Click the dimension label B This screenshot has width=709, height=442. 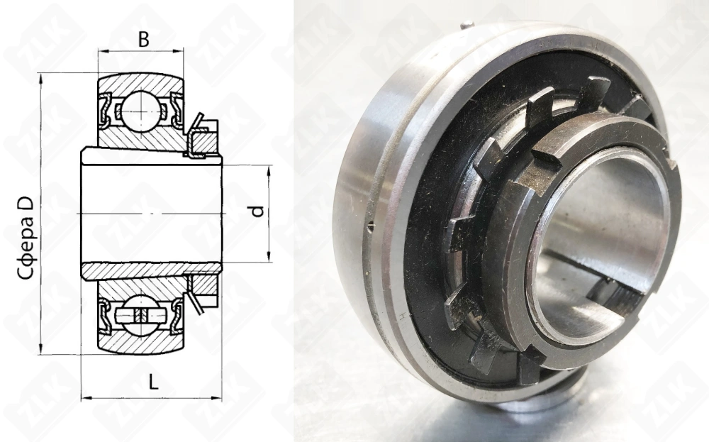click(x=143, y=40)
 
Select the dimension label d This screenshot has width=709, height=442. click(x=257, y=211)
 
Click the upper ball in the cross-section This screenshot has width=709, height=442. click(x=142, y=109)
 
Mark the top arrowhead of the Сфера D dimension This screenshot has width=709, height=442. click(x=41, y=79)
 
